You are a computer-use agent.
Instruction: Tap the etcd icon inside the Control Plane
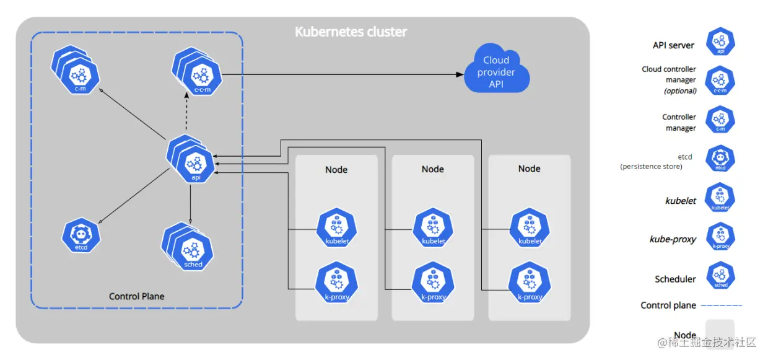pyautogui.click(x=81, y=235)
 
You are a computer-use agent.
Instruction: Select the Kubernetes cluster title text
pyautogui.click(x=351, y=32)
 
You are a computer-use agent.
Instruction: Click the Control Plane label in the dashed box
pyautogui.click(x=136, y=296)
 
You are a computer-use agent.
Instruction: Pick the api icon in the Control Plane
pyautogui.click(x=191, y=159)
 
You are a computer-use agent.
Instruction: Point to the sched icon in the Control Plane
pyautogui.click(x=187, y=246)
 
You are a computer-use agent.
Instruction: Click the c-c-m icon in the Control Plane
pyautogui.click(x=197, y=71)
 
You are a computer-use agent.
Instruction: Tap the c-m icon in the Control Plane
pyautogui.click(x=76, y=69)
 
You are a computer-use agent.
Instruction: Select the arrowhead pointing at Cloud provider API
pyautogui.click(x=460, y=74)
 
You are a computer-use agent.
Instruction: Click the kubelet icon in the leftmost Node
pyautogui.click(x=336, y=227)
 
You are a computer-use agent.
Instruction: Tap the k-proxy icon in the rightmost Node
pyautogui.click(x=530, y=282)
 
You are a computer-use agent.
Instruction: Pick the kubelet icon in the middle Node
pyautogui.click(x=433, y=227)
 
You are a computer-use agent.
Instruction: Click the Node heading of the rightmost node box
pyautogui.click(x=529, y=169)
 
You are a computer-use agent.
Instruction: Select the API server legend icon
pyautogui.click(x=720, y=42)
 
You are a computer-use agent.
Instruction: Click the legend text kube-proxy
pyautogui.click(x=673, y=239)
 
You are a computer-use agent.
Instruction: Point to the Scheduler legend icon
pyautogui.click(x=720, y=275)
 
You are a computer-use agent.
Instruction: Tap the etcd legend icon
pyautogui.click(x=720, y=159)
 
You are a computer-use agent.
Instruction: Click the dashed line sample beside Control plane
pyautogui.click(x=722, y=305)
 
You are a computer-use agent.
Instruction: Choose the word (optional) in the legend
pyautogui.click(x=680, y=91)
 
